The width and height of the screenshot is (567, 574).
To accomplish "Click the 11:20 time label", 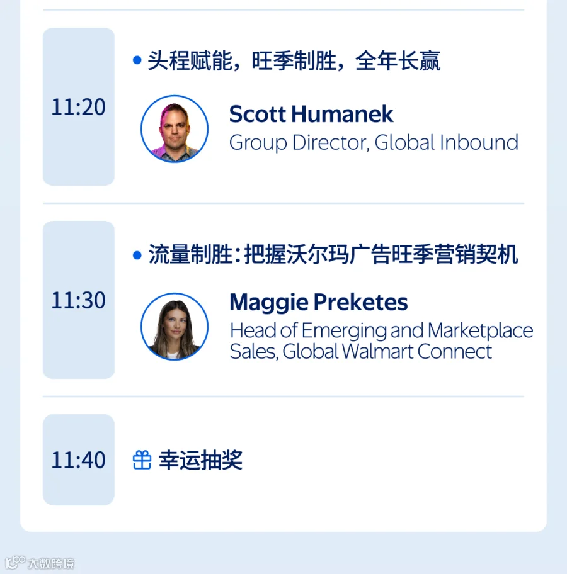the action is (x=78, y=107).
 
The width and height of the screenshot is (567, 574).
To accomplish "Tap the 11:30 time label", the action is (x=78, y=300).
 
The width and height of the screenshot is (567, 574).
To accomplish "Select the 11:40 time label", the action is (x=78, y=460).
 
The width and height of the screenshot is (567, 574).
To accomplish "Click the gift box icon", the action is (x=142, y=460).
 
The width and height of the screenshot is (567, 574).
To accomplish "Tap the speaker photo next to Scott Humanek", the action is (x=175, y=129).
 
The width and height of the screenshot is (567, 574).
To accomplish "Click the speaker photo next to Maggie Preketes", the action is (x=175, y=327).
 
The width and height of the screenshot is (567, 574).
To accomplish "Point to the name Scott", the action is (x=257, y=114).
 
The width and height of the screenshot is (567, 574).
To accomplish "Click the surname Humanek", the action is (x=342, y=114).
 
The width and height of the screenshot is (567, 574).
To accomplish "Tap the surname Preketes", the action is (x=360, y=302).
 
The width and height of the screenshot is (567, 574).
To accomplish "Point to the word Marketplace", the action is (x=481, y=331).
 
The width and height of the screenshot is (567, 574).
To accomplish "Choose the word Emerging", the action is (x=344, y=331).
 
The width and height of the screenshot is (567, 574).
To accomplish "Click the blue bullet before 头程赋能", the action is (x=137, y=60).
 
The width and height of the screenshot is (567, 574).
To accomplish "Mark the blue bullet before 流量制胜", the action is (x=137, y=255).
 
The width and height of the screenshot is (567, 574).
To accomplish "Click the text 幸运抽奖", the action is (x=200, y=460).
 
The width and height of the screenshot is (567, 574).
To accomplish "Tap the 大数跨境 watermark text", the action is (x=51, y=563).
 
